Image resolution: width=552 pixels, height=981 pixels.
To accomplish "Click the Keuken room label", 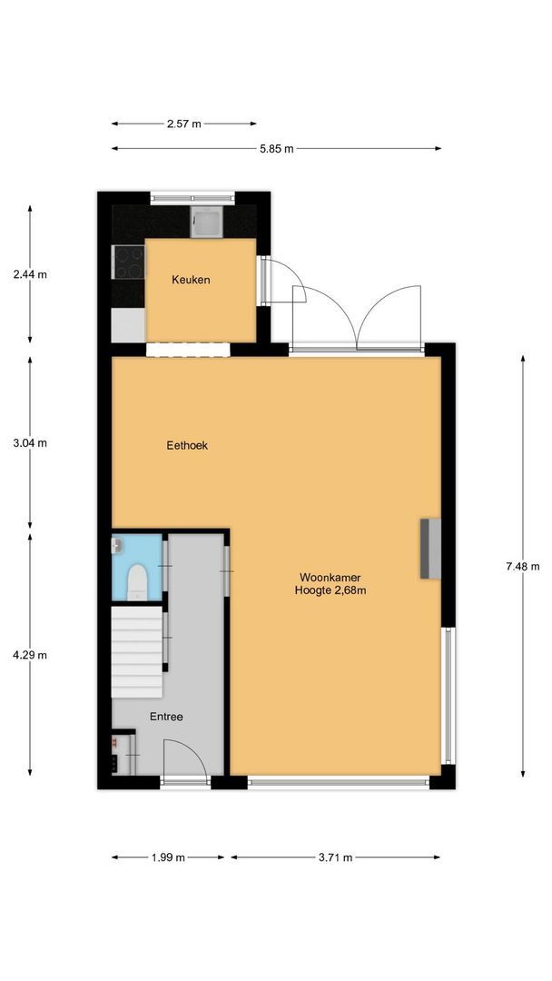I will coord(191,280).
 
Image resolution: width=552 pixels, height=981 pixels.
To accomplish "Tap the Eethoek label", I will coord(187,445).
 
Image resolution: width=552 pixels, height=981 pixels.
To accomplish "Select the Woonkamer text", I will coord(330,577).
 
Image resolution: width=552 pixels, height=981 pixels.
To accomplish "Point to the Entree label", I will coord(166,717).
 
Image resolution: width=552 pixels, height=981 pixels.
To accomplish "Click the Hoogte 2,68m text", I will coord(330,590).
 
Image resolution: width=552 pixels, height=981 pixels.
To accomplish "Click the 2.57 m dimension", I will coord(184,124).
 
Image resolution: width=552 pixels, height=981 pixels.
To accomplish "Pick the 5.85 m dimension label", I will coord(276,149).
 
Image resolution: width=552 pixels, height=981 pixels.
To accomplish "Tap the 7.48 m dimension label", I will coord(523,567).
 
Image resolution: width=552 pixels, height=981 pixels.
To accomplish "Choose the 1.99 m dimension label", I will coord(168,857).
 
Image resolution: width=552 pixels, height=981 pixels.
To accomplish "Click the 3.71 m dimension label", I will coord(335,857).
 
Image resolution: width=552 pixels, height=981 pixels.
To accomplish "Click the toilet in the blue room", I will coord(137,580).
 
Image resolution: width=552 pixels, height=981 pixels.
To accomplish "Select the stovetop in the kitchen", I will coord(127,263).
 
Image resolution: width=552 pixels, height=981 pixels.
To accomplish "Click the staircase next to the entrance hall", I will coord(136,652).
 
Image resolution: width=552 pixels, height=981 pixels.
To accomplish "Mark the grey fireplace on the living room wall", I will coord(429,549).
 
